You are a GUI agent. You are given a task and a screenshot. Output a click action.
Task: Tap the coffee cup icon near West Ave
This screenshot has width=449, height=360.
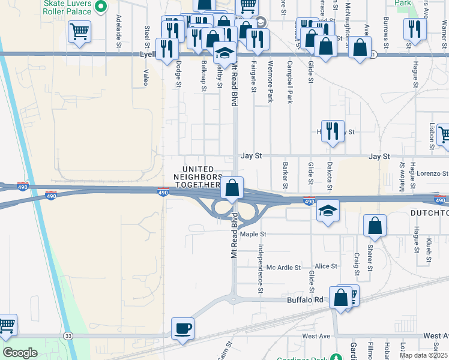(182, 328)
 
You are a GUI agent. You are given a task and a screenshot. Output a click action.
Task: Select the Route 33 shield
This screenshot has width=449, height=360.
(69, 336)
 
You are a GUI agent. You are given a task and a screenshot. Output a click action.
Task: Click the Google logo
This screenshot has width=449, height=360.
(20, 353)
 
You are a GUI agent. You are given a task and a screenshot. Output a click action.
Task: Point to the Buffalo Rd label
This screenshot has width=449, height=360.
(305, 299)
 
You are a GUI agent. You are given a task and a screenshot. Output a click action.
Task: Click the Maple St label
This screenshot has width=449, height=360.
(253, 234)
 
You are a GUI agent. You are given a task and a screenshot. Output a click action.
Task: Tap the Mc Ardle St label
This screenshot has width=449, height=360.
(283, 267)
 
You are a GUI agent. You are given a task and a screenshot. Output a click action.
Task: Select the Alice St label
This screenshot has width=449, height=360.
(326, 266)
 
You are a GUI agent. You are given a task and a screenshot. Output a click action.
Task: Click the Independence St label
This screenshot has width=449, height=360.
(261, 268)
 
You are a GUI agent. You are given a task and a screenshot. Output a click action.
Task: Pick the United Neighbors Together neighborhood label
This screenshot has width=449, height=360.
(197, 177)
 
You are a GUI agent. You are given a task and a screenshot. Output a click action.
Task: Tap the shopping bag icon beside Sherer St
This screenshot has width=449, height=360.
(375, 226)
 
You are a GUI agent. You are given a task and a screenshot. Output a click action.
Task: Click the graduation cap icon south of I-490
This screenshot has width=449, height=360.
(328, 211)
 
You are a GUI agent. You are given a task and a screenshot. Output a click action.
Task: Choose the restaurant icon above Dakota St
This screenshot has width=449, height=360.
(333, 130)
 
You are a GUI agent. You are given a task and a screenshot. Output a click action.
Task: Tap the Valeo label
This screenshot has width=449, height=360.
(146, 77)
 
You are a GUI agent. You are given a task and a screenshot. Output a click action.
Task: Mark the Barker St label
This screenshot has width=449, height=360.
(286, 175)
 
